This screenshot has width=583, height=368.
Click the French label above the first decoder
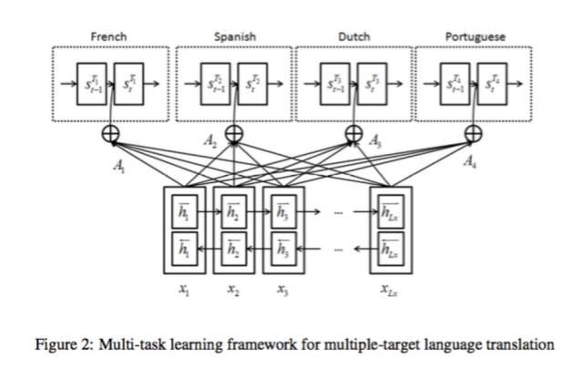[108, 36]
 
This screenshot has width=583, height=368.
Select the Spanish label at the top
[234, 36]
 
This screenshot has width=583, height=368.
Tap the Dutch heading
[353, 36]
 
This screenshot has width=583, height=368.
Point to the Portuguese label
[475, 36]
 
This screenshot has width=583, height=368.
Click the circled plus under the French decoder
[112, 133]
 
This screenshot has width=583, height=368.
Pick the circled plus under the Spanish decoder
[234, 134]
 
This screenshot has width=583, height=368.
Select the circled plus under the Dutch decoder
[354, 134]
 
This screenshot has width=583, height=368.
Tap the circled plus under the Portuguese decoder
[474, 134]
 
